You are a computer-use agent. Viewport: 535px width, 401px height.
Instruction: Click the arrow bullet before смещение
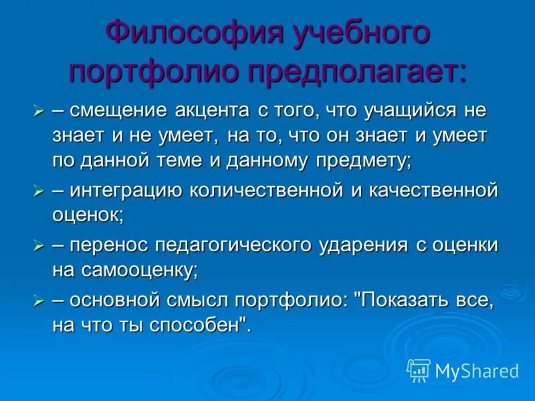tap(38, 110)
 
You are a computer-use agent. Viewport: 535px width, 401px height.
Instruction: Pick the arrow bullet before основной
tap(38, 301)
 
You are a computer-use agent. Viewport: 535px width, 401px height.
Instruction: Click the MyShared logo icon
tap(418, 370)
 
